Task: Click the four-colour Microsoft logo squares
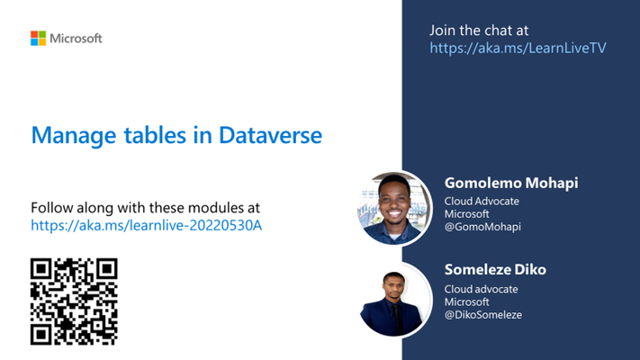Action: (38, 39)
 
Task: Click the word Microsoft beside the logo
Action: (76, 39)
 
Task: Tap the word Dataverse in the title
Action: (270, 135)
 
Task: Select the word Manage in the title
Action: (74, 136)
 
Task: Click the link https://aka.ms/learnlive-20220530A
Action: (146, 225)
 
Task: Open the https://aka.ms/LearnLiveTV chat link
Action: (518, 49)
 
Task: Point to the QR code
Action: (74, 301)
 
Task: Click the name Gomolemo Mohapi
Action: (511, 183)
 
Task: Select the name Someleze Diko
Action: (495, 269)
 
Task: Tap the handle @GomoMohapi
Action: (482, 227)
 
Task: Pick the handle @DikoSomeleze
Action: (482, 315)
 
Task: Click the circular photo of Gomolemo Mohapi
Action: (394, 209)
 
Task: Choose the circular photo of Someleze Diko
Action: (394, 300)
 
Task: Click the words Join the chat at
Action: (479, 31)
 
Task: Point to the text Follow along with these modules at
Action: (145, 208)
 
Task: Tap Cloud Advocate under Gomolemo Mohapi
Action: (482, 202)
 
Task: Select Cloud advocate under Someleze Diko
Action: (482, 289)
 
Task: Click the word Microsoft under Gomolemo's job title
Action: (466, 214)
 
